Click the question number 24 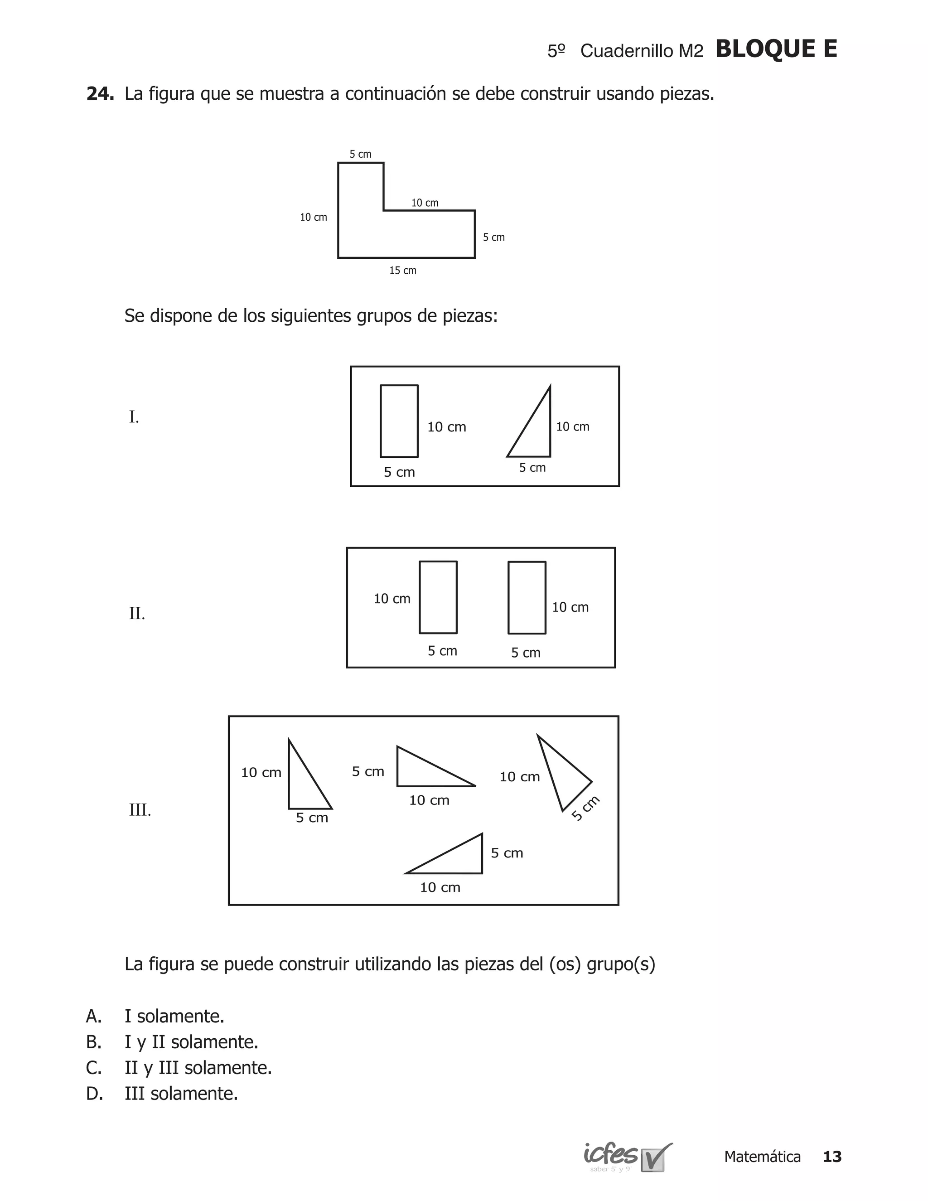(100, 94)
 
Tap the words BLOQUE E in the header (776, 49)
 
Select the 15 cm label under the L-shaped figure (402, 271)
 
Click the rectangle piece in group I (399, 421)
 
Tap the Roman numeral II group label (137, 613)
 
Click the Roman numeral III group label (140, 810)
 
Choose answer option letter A (93, 1016)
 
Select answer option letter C (93, 1068)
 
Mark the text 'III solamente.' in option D (181, 1094)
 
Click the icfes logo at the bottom (627, 1157)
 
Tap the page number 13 (832, 1157)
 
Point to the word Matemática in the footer (762, 1157)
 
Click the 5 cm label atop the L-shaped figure (361, 155)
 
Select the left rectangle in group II (438, 597)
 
